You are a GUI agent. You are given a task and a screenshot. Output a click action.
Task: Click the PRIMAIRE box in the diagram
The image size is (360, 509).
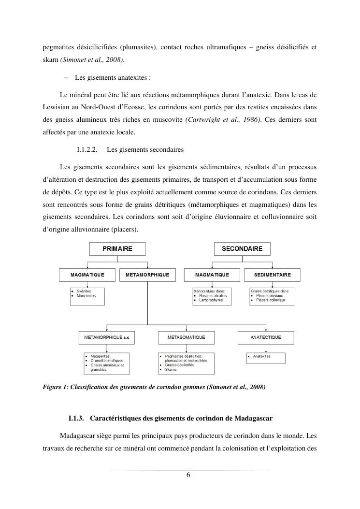tap(117, 248)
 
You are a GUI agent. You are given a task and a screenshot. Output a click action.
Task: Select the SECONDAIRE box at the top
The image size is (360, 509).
tap(242, 248)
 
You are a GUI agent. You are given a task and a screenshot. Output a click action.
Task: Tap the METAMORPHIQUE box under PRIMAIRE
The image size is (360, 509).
tap(147, 275)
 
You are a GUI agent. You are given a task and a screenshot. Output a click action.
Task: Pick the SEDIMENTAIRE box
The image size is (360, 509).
tap(273, 275)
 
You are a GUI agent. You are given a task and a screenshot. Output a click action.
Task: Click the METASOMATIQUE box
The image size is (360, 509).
tap(186, 337)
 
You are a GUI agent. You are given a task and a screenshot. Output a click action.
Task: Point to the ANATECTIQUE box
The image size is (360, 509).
tap(265, 337)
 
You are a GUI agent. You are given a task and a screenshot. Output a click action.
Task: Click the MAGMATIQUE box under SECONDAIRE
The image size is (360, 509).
tap(212, 275)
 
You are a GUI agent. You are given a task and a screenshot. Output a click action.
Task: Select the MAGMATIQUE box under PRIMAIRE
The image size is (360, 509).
tap(87, 275)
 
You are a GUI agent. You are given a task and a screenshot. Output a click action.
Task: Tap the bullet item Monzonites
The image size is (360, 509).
tap(86, 295)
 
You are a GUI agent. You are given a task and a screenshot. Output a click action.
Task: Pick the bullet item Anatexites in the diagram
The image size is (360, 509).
tap(261, 356)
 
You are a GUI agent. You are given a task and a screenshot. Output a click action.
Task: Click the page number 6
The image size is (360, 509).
tap(188, 475)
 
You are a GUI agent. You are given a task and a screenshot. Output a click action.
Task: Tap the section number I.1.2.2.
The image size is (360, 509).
tap(87, 150)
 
